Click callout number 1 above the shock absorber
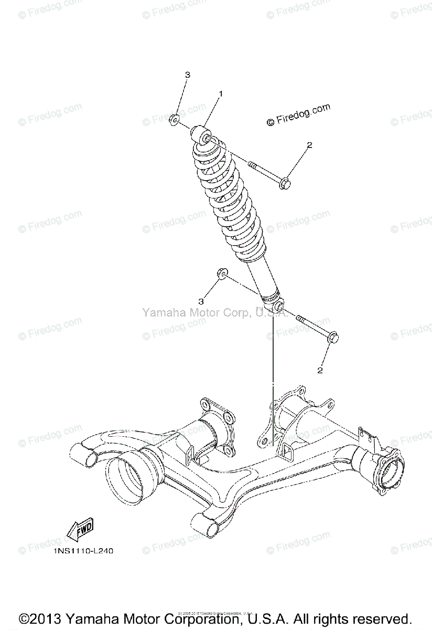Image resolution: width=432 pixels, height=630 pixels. click(x=221, y=94)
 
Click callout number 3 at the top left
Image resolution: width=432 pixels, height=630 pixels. click(x=187, y=75)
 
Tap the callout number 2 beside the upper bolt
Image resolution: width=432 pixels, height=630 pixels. click(x=309, y=145)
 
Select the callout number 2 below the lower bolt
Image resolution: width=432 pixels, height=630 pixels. click(x=319, y=371)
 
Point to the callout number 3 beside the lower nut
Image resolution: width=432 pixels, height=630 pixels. click(x=200, y=301)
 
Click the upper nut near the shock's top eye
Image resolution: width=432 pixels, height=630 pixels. click(x=175, y=119)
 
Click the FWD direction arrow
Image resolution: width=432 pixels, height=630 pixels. click(x=79, y=528)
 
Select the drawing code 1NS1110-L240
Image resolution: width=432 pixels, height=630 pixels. click(x=83, y=551)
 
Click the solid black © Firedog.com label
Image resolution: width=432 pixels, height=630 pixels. click(x=298, y=115)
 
